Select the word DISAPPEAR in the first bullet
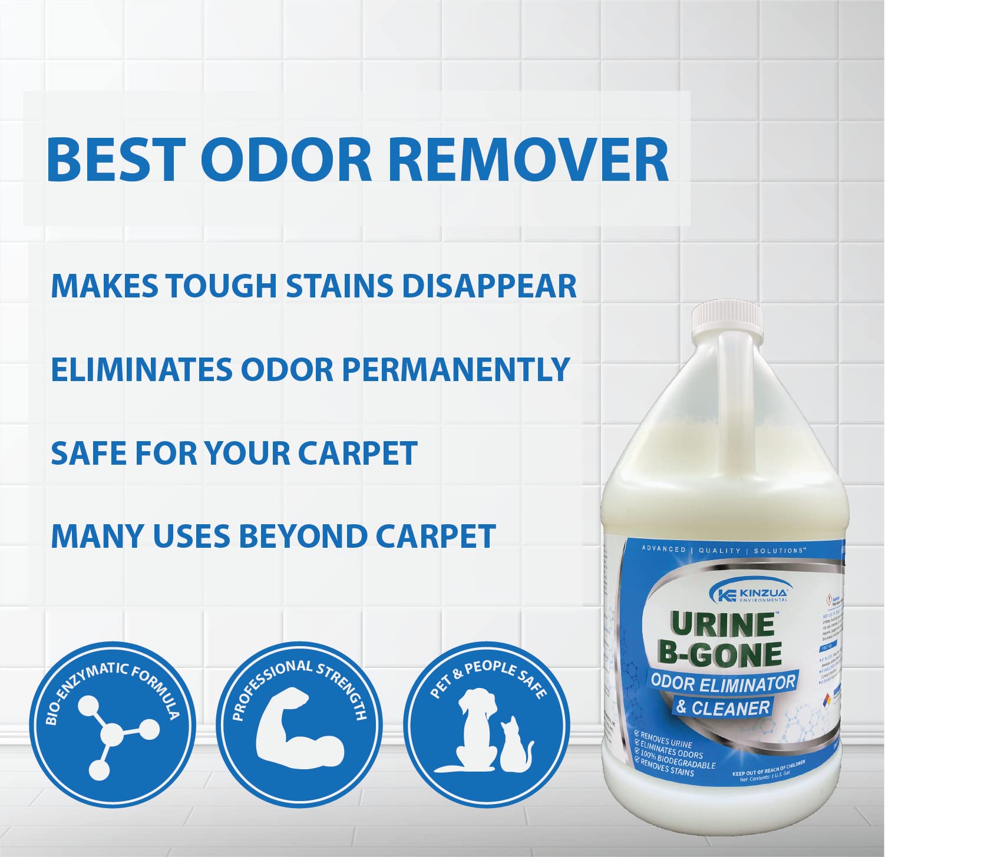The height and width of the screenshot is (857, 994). (489, 286)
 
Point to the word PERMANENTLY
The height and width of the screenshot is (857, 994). (455, 370)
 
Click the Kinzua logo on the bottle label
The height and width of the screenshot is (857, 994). (749, 591)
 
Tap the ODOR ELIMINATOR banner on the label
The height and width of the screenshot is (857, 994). (722, 683)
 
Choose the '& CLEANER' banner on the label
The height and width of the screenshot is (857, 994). (722, 707)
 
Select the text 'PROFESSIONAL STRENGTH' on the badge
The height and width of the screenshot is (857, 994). (299, 683)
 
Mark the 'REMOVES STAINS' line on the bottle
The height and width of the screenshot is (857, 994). (667, 769)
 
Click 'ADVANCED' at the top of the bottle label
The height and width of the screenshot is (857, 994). (663, 549)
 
